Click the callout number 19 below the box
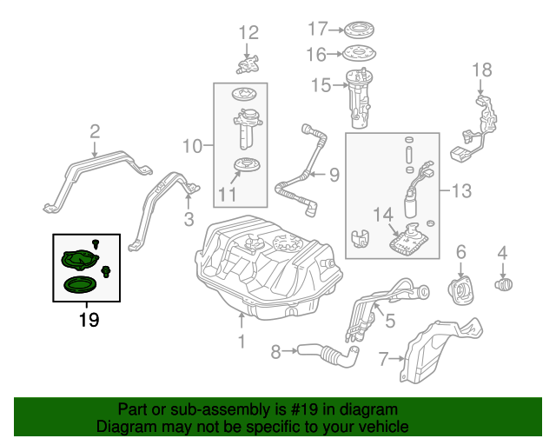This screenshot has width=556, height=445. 89,320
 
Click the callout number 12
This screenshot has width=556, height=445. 248,33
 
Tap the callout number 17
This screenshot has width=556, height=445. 318,29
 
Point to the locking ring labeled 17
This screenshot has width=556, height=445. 357,29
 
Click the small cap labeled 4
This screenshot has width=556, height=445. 503,283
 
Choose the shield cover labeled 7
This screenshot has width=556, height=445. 434,352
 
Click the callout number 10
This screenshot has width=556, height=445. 191,145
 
